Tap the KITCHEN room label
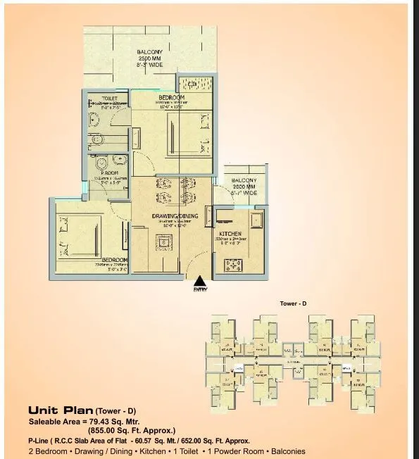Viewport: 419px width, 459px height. (x=230, y=234)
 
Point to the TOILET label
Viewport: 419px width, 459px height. (x=109, y=99)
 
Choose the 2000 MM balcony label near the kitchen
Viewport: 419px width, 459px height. (x=244, y=187)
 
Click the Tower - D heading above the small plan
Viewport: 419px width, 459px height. (x=294, y=303)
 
